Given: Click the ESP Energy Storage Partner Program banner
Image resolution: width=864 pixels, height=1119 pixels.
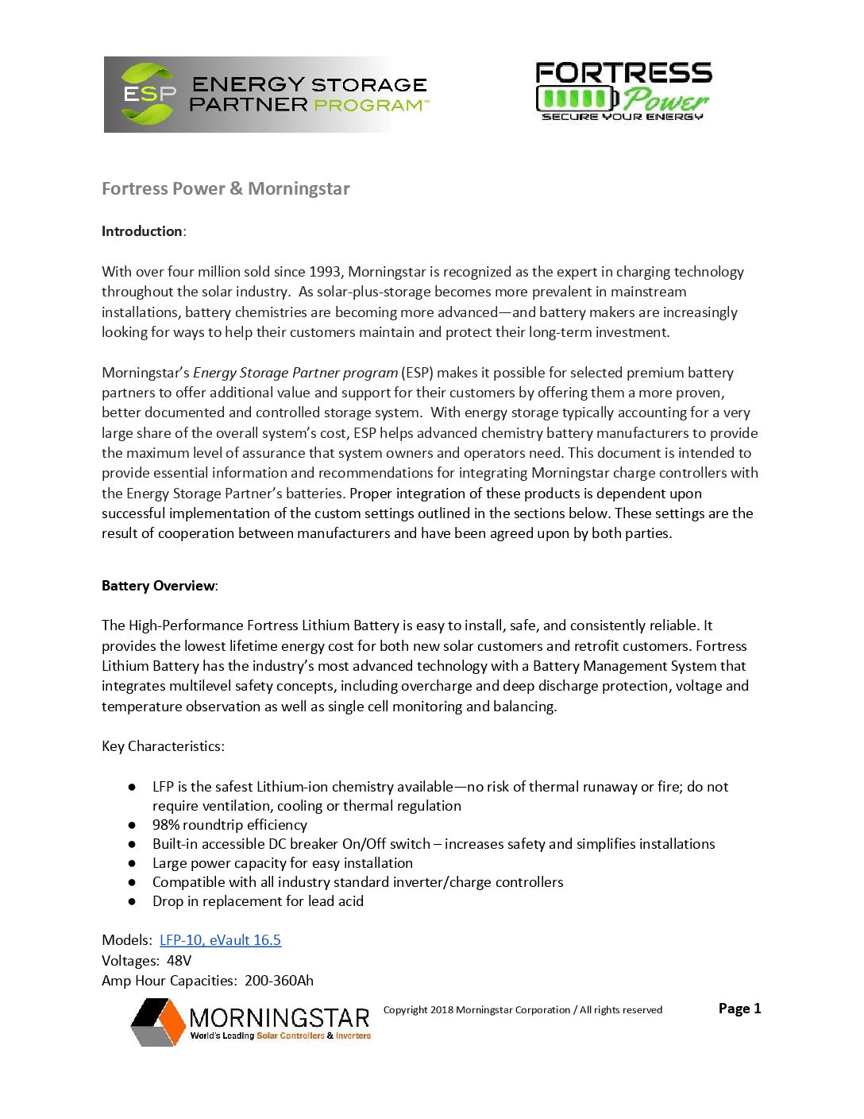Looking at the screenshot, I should point(267,95).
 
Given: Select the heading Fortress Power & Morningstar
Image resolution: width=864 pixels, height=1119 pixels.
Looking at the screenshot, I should point(226,189).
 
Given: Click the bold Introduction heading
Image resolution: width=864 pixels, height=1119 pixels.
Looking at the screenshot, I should point(142,231).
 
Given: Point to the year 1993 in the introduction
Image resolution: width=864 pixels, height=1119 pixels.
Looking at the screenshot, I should point(324,272).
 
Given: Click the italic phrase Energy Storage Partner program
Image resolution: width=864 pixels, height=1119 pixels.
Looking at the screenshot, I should point(295,373).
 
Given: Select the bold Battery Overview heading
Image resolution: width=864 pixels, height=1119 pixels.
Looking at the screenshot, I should point(158,586).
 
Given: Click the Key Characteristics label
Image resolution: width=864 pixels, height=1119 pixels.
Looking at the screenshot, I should point(163,746).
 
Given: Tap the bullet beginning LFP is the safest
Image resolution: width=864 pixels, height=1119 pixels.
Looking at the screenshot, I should point(440,796).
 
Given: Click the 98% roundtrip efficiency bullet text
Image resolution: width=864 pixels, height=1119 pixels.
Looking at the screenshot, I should point(229,825).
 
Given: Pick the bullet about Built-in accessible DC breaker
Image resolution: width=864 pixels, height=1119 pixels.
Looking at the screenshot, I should point(434,844).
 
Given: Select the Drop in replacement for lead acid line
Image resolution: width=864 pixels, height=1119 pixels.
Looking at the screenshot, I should point(258,901).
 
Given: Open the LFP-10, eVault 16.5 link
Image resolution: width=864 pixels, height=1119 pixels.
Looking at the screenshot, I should point(220,940).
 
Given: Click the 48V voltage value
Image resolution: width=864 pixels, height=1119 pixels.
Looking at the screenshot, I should point(179,961).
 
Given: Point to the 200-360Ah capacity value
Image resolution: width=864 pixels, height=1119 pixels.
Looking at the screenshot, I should point(279,981).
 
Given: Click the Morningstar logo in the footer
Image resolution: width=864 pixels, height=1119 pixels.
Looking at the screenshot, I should point(251,1021).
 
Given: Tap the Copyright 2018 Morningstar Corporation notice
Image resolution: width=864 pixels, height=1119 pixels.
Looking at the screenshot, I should point(523,1010).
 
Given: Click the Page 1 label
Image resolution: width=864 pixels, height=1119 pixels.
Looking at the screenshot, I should point(739,1009).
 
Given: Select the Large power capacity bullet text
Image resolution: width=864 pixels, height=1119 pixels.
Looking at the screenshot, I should point(283,863).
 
